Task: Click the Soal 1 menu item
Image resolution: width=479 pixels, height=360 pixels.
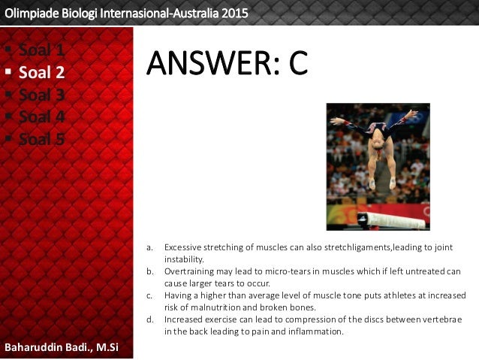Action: (41, 51)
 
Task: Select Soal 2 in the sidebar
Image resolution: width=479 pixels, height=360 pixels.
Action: (41, 73)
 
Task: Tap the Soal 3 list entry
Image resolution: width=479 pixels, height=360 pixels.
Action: (41, 95)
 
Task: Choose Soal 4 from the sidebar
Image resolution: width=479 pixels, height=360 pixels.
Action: (41, 117)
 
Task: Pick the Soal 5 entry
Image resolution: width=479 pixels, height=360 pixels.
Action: (41, 139)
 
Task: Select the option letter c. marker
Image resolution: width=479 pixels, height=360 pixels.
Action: (150, 295)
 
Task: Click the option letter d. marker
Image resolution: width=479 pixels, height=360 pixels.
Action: (150, 319)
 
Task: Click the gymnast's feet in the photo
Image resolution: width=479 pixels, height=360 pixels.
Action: (381, 184)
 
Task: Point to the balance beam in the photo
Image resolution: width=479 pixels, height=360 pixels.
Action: (390, 220)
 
